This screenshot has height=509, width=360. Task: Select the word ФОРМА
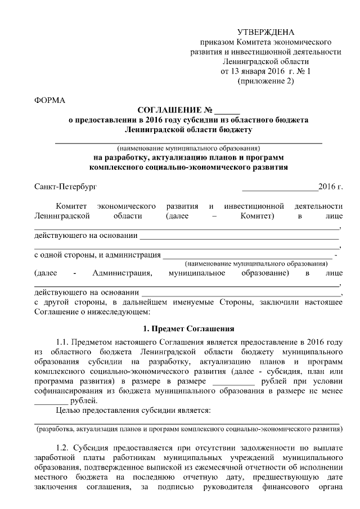click(49, 101)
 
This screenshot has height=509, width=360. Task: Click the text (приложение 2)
click(266, 81)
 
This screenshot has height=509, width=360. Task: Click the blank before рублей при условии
click(233, 382)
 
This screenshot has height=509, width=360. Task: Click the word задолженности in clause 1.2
click(250, 448)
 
